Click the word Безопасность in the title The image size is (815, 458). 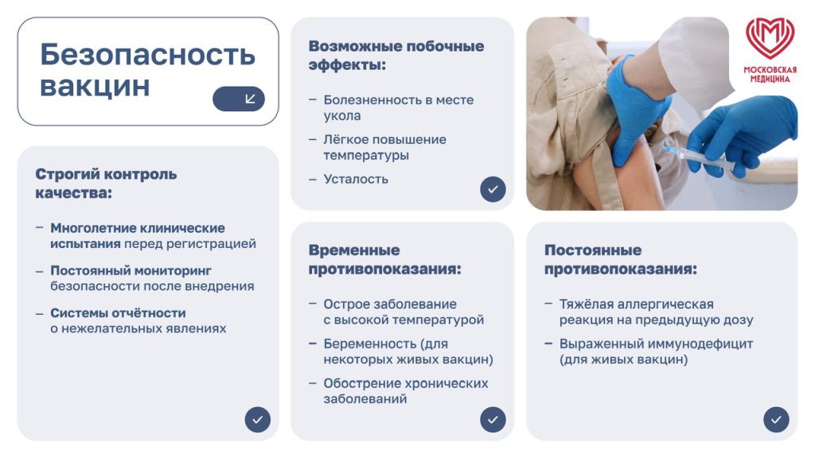pos(147,55)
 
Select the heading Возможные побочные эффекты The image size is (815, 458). pos(396,55)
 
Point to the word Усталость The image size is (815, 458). pos(356,179)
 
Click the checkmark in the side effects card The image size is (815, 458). pos(493,189)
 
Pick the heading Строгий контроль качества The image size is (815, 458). pos(106,183)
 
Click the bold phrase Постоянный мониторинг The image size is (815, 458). pos(131,270)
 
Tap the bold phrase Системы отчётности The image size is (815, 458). pos(118,312)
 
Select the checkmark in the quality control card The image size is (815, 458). pos(257,419)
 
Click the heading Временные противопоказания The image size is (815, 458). pos(384,260)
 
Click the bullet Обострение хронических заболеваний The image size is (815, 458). pos(405,390)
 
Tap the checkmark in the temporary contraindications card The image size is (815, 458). pos(493,419)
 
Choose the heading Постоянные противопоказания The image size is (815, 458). pos(621,260)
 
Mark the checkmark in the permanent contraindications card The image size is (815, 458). pos(776,419)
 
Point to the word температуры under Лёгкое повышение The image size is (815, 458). pos(366,155)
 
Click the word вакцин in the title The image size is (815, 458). pos(95,86)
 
